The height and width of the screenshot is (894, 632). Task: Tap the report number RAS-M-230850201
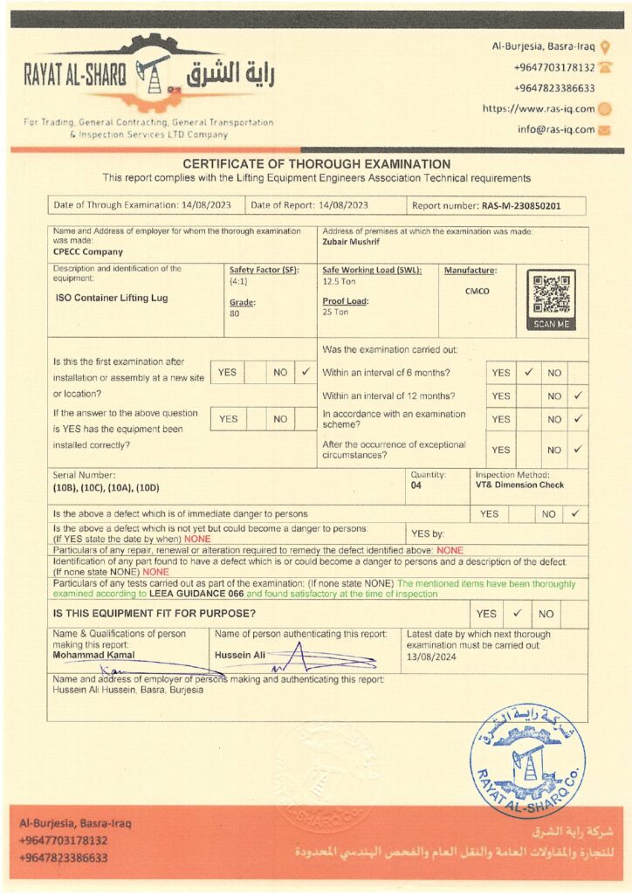tap(521, 205)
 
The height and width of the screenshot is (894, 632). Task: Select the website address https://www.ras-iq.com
tap(539, 109)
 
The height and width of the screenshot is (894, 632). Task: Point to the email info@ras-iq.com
tap(555, 129)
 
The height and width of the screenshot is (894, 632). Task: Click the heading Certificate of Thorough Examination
tap(316, 164)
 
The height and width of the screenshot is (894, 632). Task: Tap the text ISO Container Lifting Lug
tap(111, 298)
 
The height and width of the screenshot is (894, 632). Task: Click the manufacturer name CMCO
tap(477, 292)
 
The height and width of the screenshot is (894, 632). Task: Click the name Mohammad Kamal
tap(93, 654)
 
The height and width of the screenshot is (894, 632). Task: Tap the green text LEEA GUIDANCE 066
tap(196, 594)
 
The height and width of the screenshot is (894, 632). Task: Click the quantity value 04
tap(416, 485)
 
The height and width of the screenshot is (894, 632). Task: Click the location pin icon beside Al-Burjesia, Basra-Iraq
tap(605, 46)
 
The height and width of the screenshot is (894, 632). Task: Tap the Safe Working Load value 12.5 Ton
tap(339, 281)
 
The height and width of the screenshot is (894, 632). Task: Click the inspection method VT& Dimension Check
tap(519, 485)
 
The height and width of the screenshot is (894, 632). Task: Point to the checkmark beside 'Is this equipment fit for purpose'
tap(517, 614)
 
